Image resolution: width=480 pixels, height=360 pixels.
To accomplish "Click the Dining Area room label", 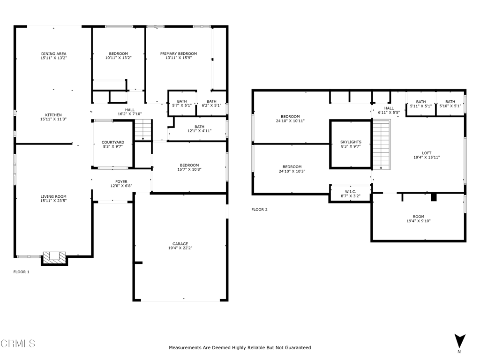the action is tap(53, 53).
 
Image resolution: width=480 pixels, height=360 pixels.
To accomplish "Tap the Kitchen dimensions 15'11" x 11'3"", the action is tap(53, 119).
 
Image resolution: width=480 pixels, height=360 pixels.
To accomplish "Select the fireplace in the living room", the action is tap(54, 258).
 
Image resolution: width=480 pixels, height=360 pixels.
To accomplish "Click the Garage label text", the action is tap(180, 244).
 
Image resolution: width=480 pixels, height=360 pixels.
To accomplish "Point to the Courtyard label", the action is tap(113, 142).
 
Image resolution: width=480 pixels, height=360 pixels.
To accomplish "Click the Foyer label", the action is tap(121, 181).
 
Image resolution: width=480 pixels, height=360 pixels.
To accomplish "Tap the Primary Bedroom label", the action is tap(179, 53).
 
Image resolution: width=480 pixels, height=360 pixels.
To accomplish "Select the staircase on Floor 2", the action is tap(382, 144).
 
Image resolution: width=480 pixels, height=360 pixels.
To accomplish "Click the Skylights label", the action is tap(351, 142).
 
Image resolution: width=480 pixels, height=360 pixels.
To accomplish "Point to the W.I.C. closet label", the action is tap(351, 192).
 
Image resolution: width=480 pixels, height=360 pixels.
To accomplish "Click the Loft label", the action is tap(427, 153).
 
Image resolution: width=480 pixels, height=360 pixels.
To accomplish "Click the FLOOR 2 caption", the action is tap(259, 210).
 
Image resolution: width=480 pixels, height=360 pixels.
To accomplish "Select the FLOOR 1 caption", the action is tap(22, 272).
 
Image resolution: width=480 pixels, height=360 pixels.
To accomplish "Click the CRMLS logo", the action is tap(18, 344).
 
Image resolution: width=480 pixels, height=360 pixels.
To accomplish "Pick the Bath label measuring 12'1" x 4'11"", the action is tap(199, 127).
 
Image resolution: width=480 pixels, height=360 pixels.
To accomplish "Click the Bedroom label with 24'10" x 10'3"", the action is tap(292, 167).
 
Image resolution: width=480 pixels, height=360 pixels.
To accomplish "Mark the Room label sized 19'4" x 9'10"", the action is tap(419, 217).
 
